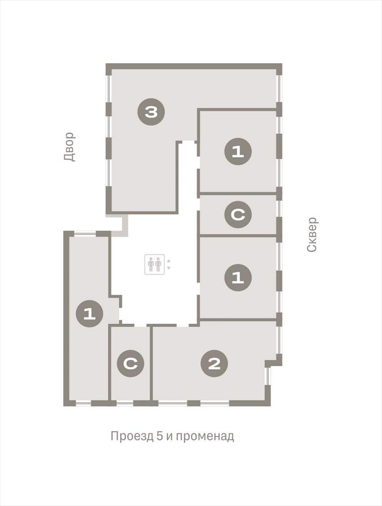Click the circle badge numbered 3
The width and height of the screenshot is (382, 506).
151,112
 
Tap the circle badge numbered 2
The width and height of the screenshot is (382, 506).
214,364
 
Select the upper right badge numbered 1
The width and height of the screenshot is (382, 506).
238,152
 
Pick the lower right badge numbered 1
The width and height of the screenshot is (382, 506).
238,278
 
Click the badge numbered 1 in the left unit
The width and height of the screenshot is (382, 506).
89,314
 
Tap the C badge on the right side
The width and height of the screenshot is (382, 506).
238,215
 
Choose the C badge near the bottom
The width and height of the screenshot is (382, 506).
130,364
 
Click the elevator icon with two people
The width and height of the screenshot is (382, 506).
154,264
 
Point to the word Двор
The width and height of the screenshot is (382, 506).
69,147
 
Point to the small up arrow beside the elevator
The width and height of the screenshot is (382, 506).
168,261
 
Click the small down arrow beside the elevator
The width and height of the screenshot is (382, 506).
168,268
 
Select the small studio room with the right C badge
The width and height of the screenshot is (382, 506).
238,215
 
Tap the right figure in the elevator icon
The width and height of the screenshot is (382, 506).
158,265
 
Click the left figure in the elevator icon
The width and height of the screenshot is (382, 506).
150,265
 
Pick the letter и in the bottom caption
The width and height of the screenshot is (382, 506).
169,437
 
